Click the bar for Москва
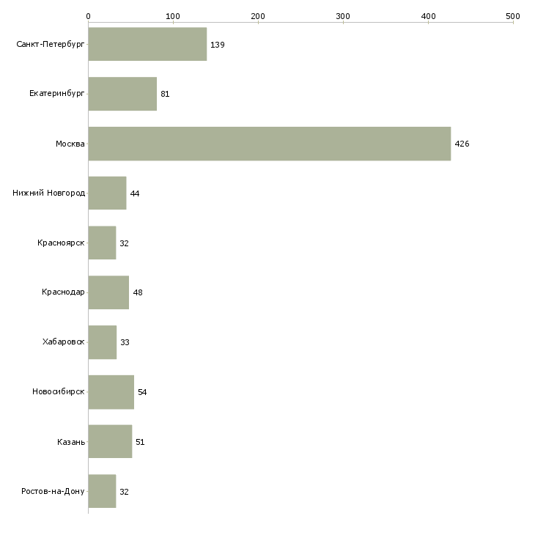tap(269, 144)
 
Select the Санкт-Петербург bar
tap(147, 45)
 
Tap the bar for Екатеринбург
tap(122, 94)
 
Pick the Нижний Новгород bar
tap(107, 193)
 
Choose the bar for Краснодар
tap(108, 292)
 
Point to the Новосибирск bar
tap(111, 392)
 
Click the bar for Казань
tap(110, 442)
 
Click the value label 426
tap(462, 144)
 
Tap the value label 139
tap(217, 45)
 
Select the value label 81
tap(165, 94)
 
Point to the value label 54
tap(142, 392)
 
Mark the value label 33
tap(125, 342)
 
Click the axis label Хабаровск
tap(64, 342)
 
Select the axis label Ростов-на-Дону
tap(53, 491)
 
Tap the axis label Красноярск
tap(62, 243)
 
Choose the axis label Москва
tap(70, 144)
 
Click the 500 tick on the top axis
tap(513, 15)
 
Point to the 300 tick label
tap(343, 15)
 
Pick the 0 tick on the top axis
tap(88, 15)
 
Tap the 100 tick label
tap(173, 15)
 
